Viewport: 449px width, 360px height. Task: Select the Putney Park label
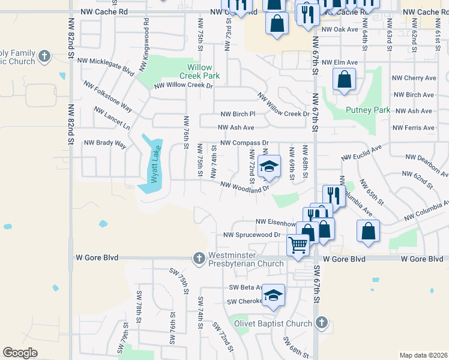pos(368,110)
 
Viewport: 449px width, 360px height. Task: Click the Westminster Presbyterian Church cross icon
pos(199,259)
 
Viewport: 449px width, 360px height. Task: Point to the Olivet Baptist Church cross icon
pos(322,323)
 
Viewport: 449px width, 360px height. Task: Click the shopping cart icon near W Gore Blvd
pos(298,245)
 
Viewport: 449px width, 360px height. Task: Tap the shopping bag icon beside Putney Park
pos(344,79)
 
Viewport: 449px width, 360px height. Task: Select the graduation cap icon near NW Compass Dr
pos(270,167)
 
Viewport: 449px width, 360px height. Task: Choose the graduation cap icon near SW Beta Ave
pos(273,295)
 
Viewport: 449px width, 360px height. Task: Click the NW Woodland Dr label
pos(244,188)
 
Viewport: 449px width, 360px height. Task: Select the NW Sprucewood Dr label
pos(252,235)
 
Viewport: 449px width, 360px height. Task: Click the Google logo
pos(20,353)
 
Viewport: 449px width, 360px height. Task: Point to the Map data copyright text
pos(423,355)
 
